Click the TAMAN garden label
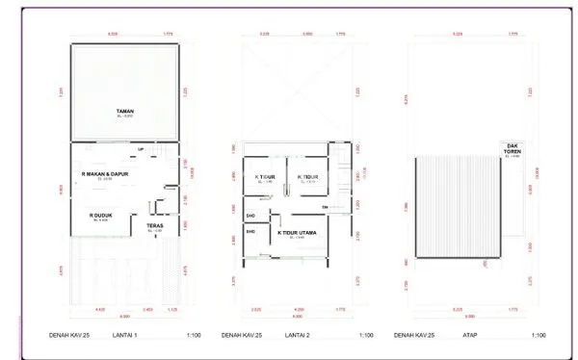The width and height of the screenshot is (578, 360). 124,112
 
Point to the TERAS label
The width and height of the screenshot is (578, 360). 154,227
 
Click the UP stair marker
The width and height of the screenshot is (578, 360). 141,149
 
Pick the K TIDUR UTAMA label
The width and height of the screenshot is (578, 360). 299,232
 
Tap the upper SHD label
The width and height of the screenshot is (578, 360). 250,216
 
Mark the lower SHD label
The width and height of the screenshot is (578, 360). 250,231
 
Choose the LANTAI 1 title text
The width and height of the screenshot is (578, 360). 125,336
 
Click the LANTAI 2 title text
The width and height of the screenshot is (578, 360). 298,336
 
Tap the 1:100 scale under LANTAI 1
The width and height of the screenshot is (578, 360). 193,336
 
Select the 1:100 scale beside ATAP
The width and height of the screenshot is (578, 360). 538,336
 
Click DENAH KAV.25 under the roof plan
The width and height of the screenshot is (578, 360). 414,336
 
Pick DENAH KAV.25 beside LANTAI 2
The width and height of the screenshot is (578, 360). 241,336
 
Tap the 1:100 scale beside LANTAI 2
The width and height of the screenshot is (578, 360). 365,336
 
